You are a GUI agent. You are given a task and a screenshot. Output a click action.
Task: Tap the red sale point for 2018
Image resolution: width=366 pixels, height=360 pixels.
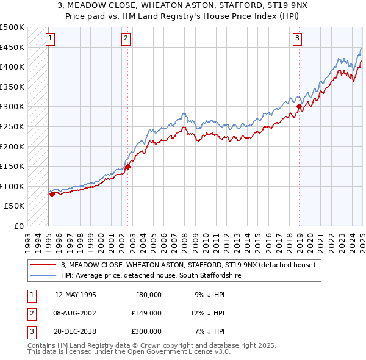[x=300, y=107]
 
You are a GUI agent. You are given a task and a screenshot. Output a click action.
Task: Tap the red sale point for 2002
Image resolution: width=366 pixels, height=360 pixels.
[x=128, y=166]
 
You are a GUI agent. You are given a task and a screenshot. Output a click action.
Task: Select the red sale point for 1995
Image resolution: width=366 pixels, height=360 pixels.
[x=52, y=194]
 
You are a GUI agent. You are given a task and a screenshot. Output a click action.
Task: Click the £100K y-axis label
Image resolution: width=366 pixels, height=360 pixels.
[x=13, y=186]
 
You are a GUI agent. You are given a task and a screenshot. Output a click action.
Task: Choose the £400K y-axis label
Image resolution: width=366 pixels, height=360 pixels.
[x=13, y=67]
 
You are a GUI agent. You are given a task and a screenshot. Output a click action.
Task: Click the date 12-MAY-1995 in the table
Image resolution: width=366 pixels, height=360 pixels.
[x=76, y=295]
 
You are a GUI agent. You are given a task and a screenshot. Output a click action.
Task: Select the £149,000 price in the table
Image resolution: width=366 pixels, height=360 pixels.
[x=146, y=313]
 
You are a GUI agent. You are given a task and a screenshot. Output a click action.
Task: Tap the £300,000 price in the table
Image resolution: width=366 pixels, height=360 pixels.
[x=146, y=331]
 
